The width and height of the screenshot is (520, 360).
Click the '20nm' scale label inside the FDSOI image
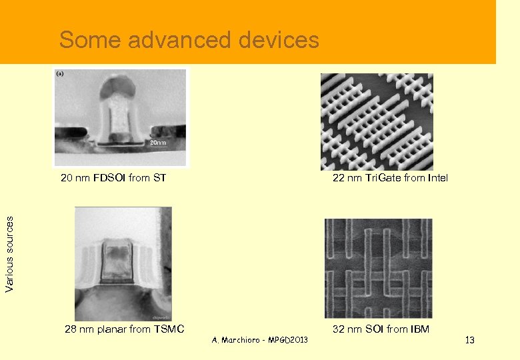pyautogui.click(x=157, y=143)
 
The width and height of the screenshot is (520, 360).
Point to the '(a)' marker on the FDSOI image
pyautogui.click(x=60, y=73)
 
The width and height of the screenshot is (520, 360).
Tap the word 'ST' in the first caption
pyautogui.click(x=159, y=178)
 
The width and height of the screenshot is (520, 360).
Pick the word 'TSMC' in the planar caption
pyautogui.click(x=169, y=329)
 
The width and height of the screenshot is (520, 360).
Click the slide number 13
pyautogui.click(x=469, y=341)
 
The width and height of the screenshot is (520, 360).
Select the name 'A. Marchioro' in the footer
pyautogui.click(x=237, y=341)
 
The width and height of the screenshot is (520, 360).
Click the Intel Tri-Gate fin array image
pyautogui.click(x=377, y=121)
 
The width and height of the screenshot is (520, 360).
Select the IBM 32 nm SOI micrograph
pyautogui.click(x=378, y=268)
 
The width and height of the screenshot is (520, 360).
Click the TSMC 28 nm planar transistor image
pyautogui.click(x=123, y=264)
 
